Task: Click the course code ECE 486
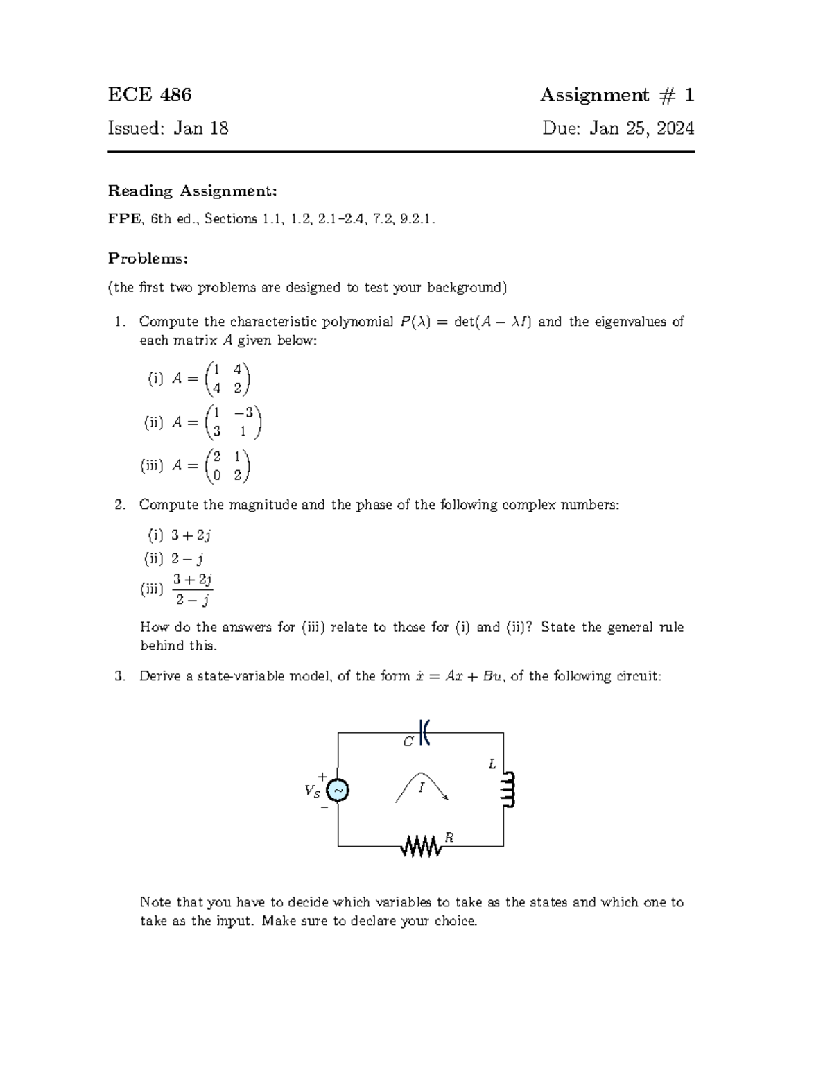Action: [150, 94]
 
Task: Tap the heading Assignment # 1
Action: [616, 94]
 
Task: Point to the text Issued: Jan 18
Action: [168, 128]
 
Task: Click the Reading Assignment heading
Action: [192, 191]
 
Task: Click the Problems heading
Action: [148, 259]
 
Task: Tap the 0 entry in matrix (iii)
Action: [218, 476]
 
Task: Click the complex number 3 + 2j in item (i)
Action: [191, 535]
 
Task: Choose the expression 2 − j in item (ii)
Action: [187, 558]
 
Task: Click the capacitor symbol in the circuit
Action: [425, 732]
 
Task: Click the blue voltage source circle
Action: [338, 790]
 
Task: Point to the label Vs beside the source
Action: [312, 791]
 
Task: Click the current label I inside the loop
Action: [421, 788]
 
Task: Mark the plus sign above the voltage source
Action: [322, 776]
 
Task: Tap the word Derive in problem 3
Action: [160, 676]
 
